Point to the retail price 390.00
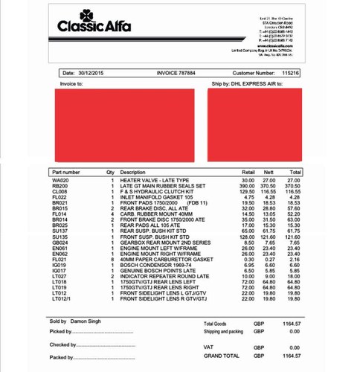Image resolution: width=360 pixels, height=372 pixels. pos(246,186)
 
